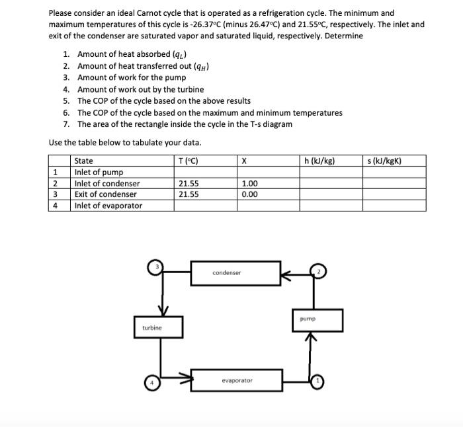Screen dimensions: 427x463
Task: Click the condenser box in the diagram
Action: [x=227, y=272]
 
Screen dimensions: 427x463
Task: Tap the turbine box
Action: [x=152, y=327]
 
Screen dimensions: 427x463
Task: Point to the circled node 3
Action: [x=157, y=266]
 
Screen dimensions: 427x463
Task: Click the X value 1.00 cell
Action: [x=250, y=183]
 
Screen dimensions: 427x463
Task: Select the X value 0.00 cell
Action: [x=250, y=194]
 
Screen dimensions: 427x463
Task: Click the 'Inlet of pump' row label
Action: [x=99, y=172]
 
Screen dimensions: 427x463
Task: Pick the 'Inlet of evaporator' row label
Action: [x=108, y=206]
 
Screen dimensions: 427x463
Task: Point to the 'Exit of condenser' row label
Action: [x=106, y=194]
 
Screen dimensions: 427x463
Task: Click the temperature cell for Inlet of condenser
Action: [x=189, y=183]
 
